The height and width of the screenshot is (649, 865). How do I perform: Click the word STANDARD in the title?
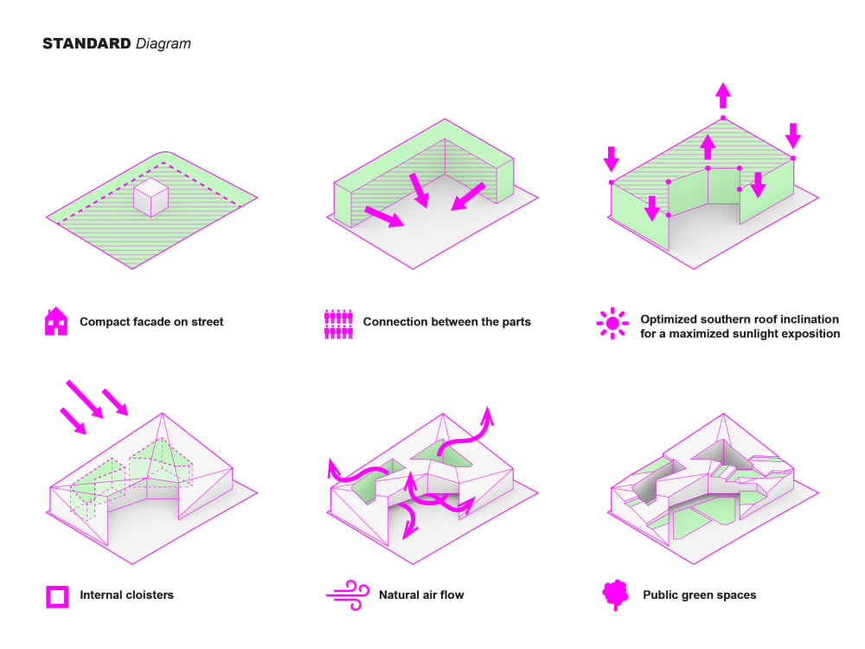(x=86, y=43)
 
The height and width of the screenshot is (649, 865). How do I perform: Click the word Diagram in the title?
(x=163, y=44)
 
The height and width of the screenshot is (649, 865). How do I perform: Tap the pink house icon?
(x=55, y=321)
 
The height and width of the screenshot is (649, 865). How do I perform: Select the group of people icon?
(x=338, y=324)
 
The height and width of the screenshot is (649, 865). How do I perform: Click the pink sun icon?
(x=612, y=324)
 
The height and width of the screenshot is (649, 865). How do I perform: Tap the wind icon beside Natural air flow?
(x=348, y=595)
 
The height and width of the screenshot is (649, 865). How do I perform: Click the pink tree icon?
(x=616, y=595)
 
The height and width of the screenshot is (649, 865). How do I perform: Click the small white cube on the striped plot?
(x=151, y=197)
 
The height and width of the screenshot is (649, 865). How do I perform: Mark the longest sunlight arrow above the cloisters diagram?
(x=85, y=398)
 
